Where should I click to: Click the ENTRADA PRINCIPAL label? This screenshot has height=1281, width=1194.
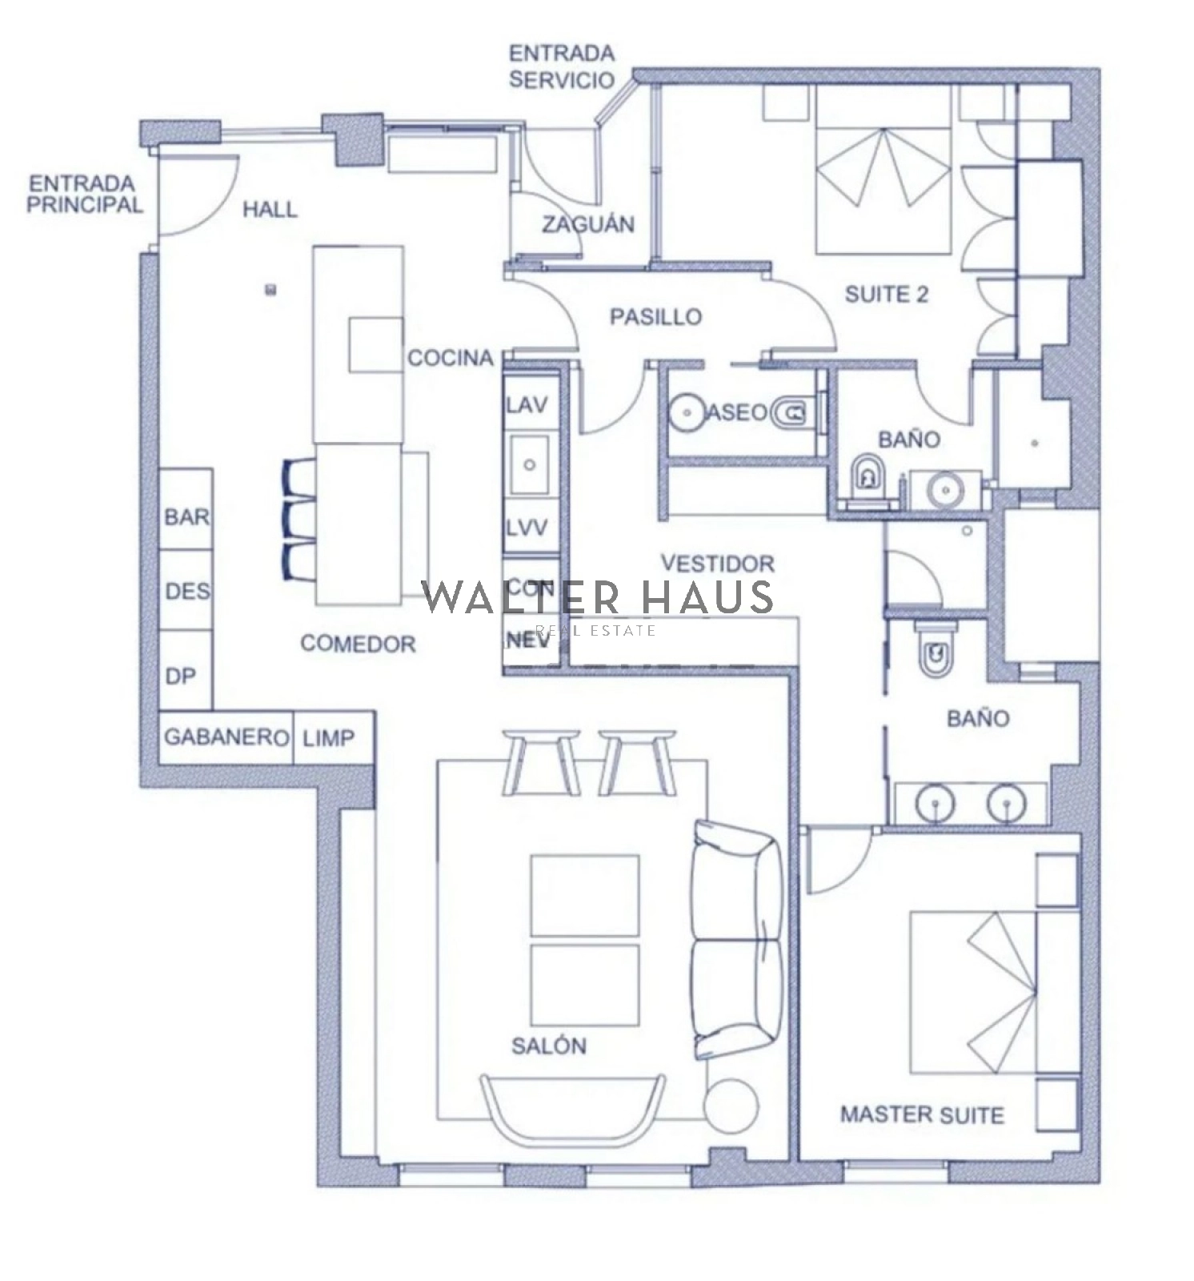[x=85, y=194]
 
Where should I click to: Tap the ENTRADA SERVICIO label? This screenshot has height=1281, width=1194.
[x=562, y=66]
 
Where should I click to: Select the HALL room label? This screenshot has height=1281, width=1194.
[x=270, y=210]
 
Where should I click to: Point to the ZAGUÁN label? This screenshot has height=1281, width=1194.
[x=588, y=224]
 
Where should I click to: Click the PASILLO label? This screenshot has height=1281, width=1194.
[x=655, y=317]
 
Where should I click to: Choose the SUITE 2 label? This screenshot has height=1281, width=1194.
[x=887, y=295]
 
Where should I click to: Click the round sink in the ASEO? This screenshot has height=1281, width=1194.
[x=686, y=413]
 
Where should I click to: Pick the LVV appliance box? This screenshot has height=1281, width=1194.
[x=527, y=528]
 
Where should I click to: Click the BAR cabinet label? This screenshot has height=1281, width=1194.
[x=187, y=516]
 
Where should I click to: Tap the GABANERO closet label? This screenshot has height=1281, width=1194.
[x=226, y=737]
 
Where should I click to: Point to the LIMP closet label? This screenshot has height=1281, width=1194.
[x=327, y=737]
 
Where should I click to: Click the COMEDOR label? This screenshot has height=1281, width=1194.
[x=358, y=644]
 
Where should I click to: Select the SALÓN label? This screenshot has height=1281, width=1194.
[x=548, y=1045]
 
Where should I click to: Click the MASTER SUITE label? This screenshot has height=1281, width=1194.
[x=922, y=1114]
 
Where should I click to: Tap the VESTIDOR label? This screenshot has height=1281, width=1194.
[x=719, y=564]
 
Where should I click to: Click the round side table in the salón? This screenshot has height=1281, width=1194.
[x=731, y=1106]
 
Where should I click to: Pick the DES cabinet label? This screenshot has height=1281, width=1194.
[x=187, y=592]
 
